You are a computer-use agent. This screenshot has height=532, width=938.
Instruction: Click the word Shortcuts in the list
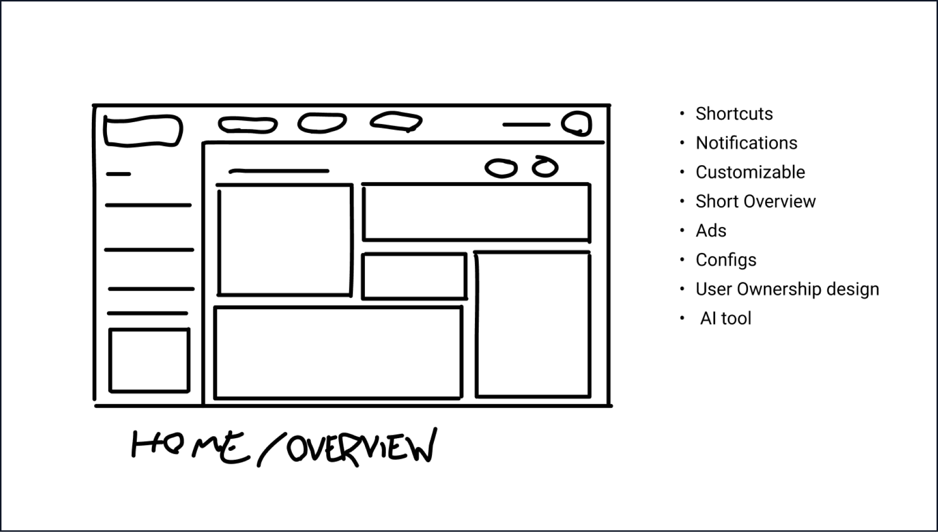point(734,114)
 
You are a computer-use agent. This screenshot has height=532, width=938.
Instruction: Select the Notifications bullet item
point(746,143)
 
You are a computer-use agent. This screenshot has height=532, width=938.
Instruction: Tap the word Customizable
point(750,172)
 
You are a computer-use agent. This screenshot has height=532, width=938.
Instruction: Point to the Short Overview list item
point(755,201)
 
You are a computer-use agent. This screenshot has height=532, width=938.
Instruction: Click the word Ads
point(710,231)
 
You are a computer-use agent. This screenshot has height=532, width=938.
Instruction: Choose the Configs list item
point(725,260)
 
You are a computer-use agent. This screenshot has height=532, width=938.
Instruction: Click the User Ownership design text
point(787,289)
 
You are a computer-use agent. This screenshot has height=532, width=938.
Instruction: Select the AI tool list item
point(725,319)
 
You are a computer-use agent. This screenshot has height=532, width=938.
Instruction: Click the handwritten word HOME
point(188,447)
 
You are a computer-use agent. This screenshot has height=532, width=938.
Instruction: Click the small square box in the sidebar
point(149,361)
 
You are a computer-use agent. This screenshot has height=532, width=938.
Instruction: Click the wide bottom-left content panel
point(338,353)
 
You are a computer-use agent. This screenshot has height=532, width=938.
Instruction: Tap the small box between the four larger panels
point(414,276)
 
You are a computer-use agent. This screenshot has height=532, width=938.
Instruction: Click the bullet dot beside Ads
point(682,231)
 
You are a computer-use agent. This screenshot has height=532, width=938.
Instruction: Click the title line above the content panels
point(279,171)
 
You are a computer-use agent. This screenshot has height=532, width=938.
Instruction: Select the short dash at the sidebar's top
point(118,174)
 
